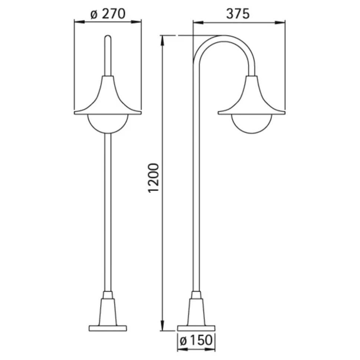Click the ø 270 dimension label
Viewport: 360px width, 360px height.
tap(108, 14)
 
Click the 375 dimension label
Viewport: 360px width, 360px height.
tap(238, 14)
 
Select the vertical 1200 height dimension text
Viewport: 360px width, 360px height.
tap(154, 177)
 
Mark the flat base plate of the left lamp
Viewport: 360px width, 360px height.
tap(108, 328)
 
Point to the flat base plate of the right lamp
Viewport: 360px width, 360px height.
tap(196, 328)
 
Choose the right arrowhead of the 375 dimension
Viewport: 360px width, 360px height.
tap(282, 23)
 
